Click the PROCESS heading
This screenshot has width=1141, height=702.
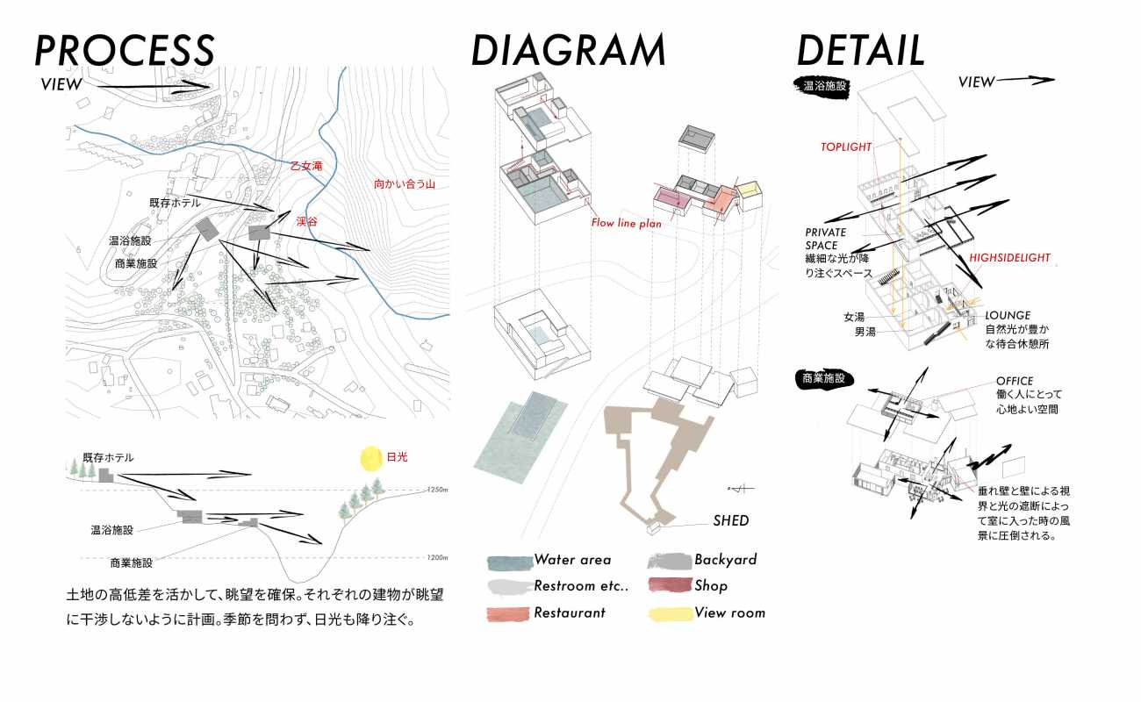pos(124,50)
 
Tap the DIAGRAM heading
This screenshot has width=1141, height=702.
pos(568,50)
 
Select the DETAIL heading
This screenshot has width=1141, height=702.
pos(860,50)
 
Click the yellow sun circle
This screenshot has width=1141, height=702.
pos(373,458)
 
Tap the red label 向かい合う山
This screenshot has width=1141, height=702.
pos(405,185)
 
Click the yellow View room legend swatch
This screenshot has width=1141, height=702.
pos(670,613)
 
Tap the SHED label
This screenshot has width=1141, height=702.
pos(731,521)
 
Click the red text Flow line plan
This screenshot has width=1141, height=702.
pos(626,223)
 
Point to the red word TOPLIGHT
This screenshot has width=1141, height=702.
pos(847,147)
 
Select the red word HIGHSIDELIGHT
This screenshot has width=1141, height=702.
pos(1009,258)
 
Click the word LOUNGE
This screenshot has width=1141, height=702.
pos(1008,315)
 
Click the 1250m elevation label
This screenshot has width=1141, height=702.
pos(438,489)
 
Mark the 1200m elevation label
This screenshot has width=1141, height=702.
pos(438,558)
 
